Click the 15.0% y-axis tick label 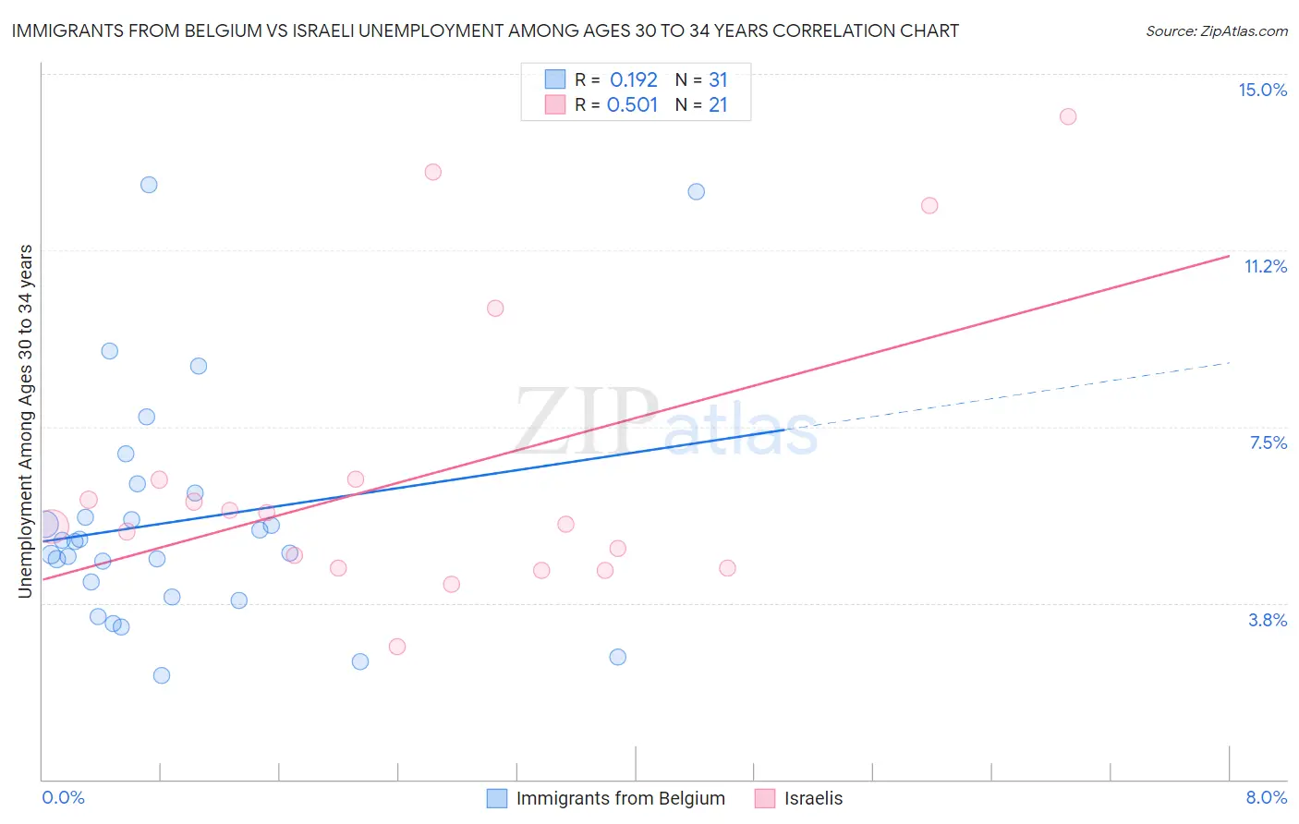coord(1262,90)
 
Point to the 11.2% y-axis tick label coord(1265,266)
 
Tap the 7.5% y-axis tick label coord(1268,442)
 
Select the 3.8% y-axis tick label coord(1268,620)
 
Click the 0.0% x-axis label coord(64,797)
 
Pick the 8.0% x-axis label coord(1266,797)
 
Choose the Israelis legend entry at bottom coord(813,798)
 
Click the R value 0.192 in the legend coord(633,80)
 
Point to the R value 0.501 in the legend coord(632,105)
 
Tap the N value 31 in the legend coord(718,80)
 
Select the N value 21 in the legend coord(718,105)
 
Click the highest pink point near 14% coord(1067,116)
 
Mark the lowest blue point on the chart coord(162,675)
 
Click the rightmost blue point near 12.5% coord(697,191)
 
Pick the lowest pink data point coord(397,647)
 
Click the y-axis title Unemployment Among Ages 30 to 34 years coord(26,421)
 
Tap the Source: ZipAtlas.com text coord(1216,31)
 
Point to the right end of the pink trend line coord(1229,256)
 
